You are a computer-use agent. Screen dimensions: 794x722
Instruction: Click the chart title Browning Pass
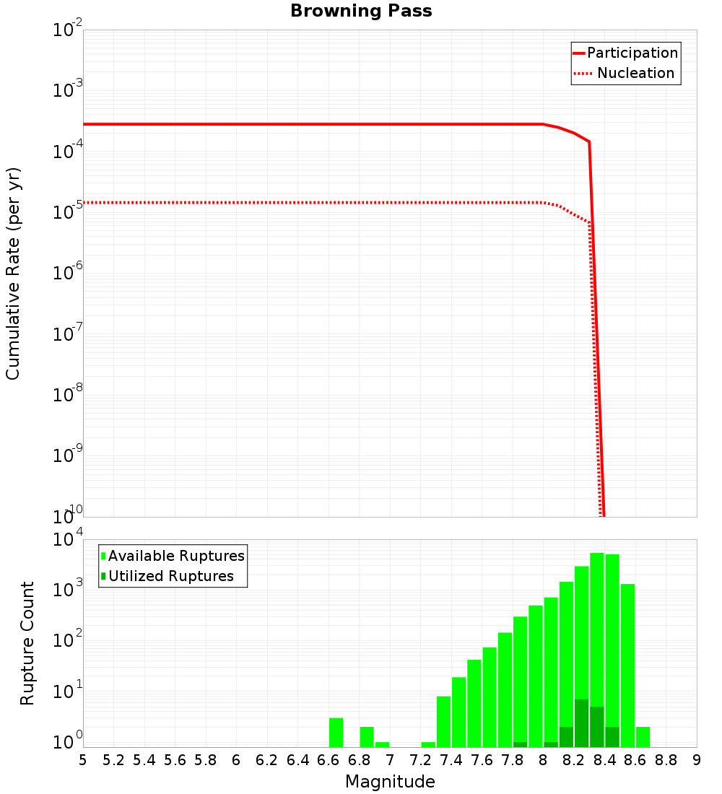coord(361,11)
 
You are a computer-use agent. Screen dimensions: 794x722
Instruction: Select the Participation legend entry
coord(632,53)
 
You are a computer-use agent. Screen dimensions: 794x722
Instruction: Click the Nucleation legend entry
coord(635,73)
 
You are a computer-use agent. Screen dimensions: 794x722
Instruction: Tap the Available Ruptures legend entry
coord(176,556)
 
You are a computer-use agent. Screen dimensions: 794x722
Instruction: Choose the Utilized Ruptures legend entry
coord(170,576)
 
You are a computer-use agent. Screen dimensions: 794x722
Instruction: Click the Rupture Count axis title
coord(27,643)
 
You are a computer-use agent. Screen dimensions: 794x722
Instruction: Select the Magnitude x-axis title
coord(390,782)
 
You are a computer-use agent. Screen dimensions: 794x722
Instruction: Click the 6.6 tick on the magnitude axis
coord(329,759)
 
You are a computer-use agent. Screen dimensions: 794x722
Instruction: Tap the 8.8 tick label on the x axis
coord(666,759)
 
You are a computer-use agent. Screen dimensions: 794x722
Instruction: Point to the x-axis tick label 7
coord(390,759)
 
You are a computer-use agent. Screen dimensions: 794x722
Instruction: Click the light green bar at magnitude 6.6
coord(336,732)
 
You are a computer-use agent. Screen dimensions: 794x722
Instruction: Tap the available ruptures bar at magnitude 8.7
coord(643,736)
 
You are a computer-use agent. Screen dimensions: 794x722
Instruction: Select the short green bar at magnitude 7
coord(382,744)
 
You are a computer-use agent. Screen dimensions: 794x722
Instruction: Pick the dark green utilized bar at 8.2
coord(581,723)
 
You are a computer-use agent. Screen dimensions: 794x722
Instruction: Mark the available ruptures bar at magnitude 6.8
coord(367,736)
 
